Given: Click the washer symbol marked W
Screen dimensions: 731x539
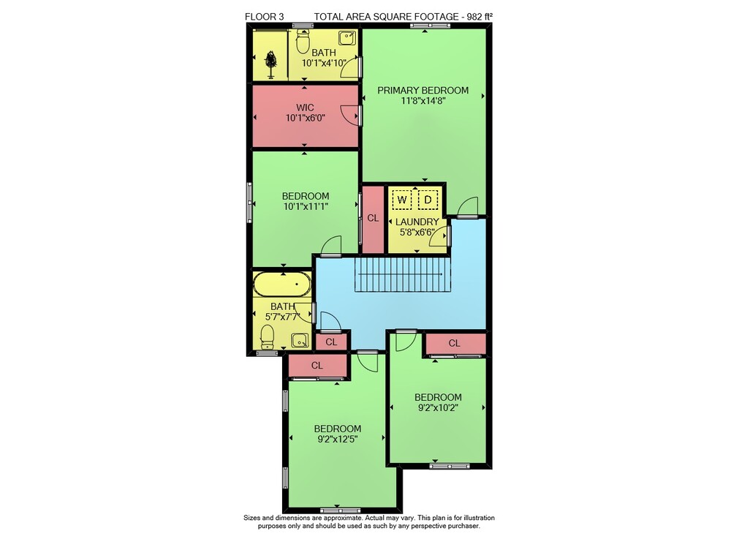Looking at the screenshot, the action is coord(401,200).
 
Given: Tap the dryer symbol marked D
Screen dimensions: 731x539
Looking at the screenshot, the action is coord(428,200).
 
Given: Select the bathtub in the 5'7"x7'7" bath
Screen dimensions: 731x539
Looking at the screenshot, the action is coord(282,284).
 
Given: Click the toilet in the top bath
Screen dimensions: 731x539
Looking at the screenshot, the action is coord(303,40).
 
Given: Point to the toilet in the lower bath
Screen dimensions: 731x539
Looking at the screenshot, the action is coord(267,336).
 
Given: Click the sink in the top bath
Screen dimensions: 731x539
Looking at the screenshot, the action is coord(346,38).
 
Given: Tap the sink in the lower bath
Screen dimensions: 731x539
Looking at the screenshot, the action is coord(300,340).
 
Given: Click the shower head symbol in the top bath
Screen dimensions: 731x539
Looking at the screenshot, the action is coord(270,63).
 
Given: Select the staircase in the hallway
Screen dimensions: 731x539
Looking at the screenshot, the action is coord(403,275).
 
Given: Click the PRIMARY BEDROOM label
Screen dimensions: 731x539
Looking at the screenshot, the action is coord(423,91).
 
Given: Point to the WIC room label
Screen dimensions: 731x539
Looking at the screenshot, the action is coord(305,108).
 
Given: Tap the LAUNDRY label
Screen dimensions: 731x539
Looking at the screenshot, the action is coord(417,222).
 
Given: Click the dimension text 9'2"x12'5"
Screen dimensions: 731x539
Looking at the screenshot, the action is coord(338,440).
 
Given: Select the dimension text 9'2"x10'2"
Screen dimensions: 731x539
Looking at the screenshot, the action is coord(438,407).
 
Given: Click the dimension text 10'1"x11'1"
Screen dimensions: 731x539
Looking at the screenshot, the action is coord(306,206).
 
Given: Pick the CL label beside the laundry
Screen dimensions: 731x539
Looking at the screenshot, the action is coord(373,218).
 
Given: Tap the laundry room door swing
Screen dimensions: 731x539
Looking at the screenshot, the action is coord(439,235).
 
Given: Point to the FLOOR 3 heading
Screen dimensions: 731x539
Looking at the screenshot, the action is coord(265,17).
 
